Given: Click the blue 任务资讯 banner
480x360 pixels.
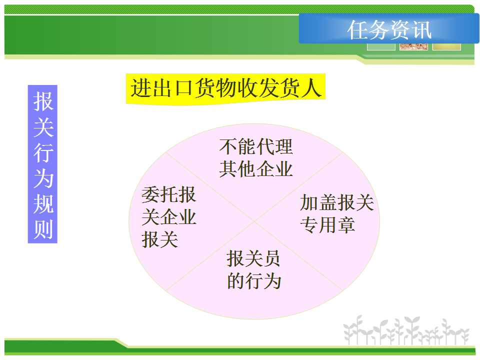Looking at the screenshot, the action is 389,28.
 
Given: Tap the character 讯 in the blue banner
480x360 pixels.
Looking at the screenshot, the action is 422,30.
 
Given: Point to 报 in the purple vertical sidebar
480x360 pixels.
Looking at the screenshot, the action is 43,101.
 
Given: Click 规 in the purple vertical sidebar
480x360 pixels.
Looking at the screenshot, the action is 43,203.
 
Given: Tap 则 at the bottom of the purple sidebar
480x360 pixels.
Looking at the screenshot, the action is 43,229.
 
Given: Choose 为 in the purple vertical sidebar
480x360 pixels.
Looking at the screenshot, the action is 43,178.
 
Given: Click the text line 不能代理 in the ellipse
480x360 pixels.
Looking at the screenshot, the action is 256,146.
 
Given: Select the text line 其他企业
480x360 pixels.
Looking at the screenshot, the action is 256,169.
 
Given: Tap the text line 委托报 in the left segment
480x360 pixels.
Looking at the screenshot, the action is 168,194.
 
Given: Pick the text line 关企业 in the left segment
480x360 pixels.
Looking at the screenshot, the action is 168,216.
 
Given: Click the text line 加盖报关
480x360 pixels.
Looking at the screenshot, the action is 336,202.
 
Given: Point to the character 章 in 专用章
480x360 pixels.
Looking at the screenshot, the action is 346,225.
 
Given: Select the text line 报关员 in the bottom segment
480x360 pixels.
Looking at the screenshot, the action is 253,258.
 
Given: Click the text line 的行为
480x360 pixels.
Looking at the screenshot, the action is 254,281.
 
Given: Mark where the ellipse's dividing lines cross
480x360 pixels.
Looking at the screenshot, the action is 254,221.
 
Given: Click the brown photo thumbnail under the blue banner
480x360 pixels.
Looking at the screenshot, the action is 413,46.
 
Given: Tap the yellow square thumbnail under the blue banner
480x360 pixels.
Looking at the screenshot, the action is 446,46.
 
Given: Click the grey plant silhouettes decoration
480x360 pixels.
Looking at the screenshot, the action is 406,330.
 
